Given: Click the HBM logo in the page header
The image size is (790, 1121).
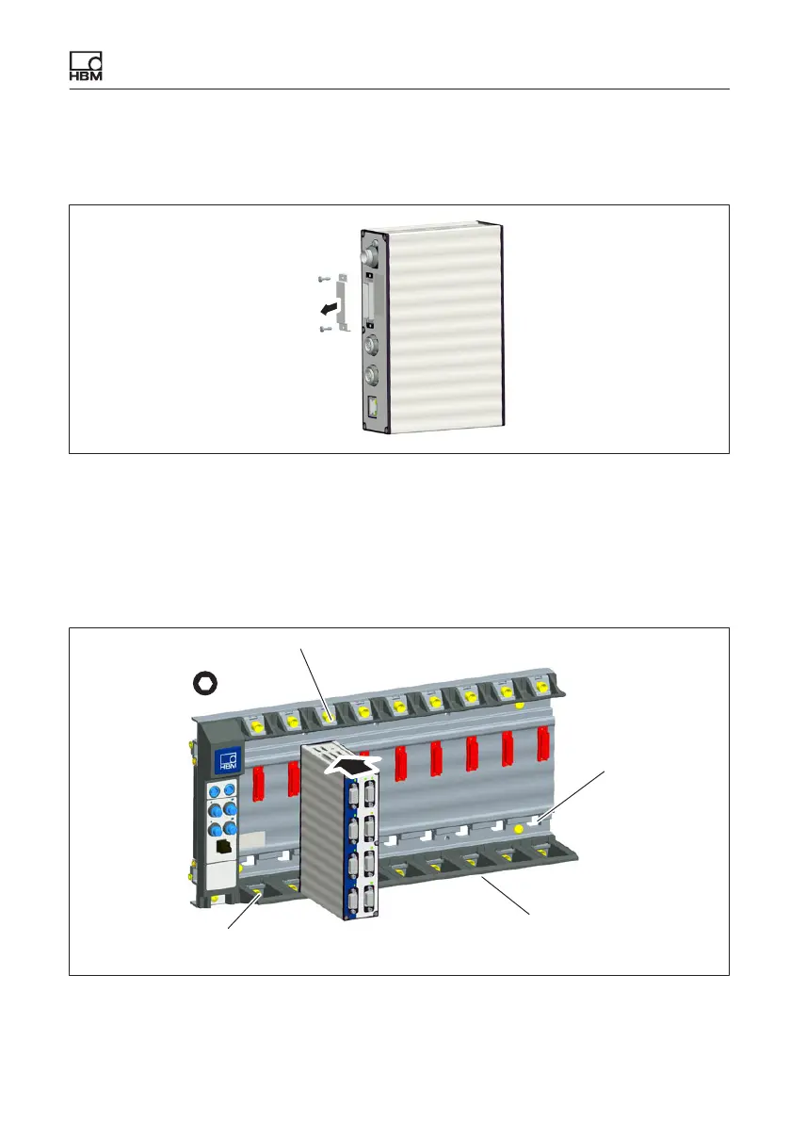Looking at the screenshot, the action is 85,67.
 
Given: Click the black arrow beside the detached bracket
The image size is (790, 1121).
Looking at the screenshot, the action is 328,307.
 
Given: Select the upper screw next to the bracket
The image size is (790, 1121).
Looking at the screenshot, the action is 323,279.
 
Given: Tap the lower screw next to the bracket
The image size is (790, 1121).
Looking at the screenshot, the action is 323,329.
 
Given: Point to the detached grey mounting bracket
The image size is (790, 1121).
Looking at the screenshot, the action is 343,303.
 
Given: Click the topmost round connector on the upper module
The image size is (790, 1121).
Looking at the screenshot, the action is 370,253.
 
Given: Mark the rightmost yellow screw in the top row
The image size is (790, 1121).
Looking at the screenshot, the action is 540,688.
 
